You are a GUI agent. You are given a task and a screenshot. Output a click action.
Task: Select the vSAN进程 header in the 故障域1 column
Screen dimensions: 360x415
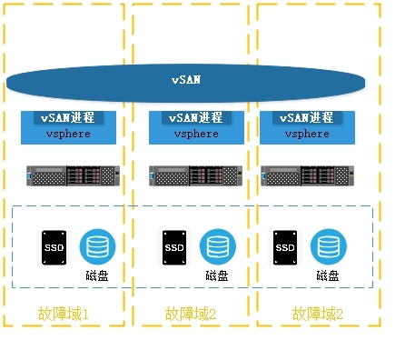[69, 117]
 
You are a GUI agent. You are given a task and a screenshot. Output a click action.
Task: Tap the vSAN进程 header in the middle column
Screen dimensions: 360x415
[195, 118]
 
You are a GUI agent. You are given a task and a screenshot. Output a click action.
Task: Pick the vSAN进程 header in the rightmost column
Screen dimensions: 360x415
[307, 117]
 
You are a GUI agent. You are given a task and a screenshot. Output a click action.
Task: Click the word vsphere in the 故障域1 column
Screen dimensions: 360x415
[69, 134]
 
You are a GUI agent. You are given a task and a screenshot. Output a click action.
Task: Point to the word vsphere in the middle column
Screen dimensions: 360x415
[195, 135]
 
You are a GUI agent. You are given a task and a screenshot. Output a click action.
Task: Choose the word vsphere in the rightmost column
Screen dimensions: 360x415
[307, 134]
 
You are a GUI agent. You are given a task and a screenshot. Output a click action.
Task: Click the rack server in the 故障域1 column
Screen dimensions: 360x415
[74, 175]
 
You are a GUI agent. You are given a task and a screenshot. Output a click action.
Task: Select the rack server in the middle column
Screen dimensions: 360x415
[195, 175]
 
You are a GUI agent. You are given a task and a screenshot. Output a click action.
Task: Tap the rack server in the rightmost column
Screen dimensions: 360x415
[307, 175]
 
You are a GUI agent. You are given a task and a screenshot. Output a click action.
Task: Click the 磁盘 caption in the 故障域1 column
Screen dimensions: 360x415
[96, 275]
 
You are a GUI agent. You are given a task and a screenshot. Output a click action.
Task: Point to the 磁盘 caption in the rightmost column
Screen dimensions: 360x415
[328, 275]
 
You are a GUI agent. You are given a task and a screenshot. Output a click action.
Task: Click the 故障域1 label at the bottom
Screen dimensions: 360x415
[64, 314]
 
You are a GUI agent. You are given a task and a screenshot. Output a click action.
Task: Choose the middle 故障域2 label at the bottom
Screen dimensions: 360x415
[192, 314]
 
